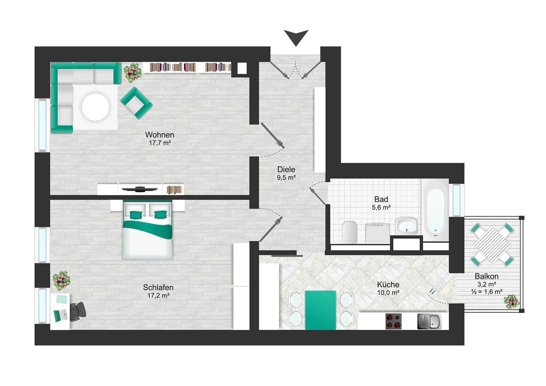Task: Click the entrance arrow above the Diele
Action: (x=296, y=38)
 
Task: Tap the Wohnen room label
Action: (x=159, y=135)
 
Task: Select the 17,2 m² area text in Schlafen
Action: (x=158, y=296)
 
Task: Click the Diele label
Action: (x=286, y=169)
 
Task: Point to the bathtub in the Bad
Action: (x=435, y=208)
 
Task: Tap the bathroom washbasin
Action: (x=407, y=226)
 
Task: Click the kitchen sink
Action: (x=429, y=321)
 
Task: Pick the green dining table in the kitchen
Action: (x=321, y=310)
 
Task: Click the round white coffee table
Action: (x=95, y=107)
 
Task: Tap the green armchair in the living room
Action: (x=136, y=103)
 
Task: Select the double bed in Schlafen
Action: (x=148, y=229)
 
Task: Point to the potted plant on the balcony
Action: (x=511, y=301)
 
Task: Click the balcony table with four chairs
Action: (x=492, y=244)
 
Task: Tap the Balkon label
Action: (x=486, y=276)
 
